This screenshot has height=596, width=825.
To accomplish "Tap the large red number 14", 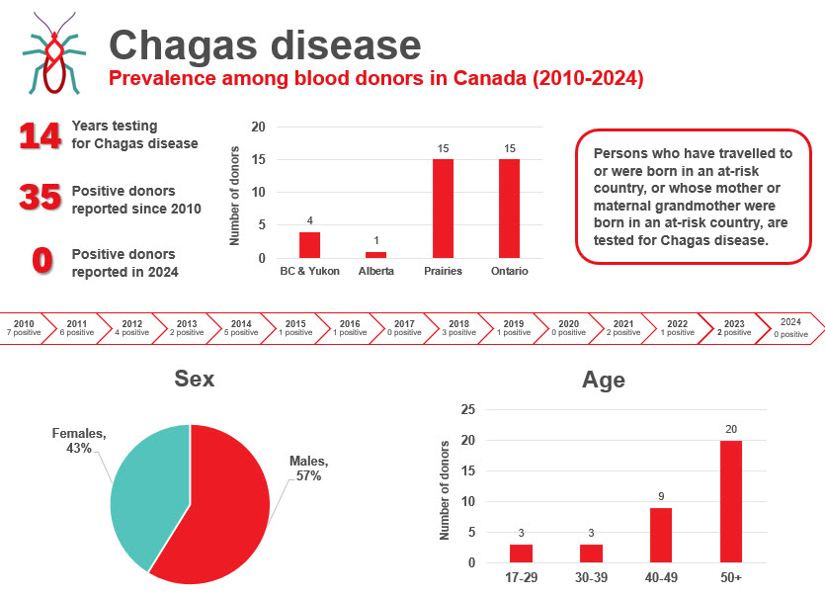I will (x=41, y=135).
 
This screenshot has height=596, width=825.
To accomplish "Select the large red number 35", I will (x=41, y=199).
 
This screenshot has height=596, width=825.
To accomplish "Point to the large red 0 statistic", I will (x=41, y=261).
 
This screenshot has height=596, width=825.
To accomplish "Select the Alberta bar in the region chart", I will (x=375, y=255).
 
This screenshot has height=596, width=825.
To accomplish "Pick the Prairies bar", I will (x=443, y=209).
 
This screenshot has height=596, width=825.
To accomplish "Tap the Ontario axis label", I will (x=509, y=271).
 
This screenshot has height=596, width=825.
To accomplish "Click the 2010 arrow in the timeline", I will (x=25, y=328).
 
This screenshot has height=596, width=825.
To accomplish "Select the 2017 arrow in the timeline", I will (x=404, y=328).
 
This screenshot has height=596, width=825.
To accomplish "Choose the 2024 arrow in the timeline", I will (x=789, y=328).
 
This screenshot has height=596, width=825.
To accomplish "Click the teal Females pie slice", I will (x=148, y=489).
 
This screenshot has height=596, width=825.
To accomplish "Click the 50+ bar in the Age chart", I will (x=731, y=501).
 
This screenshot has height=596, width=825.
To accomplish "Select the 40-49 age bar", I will (x=661, y=535).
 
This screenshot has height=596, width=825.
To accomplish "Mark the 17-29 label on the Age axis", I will (x=521, y=576).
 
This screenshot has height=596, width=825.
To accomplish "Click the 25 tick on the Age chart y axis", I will (x=468, y=409).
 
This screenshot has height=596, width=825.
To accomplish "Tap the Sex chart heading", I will (x=194, y=379).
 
